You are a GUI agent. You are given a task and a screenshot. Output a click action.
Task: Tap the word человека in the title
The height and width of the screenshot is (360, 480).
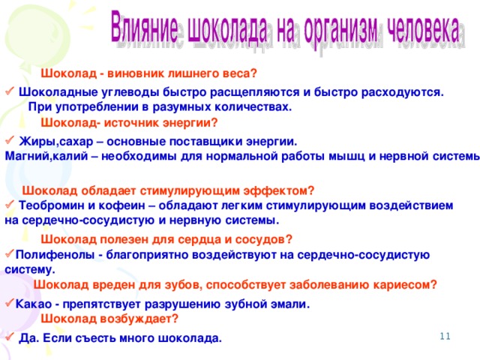428,29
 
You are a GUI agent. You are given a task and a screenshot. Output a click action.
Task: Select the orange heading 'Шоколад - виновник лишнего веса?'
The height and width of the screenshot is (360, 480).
148,73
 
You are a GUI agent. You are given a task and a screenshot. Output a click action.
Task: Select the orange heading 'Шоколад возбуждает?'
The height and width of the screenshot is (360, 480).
109,318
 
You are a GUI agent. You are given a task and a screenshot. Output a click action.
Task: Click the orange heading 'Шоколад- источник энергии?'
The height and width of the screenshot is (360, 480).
129,122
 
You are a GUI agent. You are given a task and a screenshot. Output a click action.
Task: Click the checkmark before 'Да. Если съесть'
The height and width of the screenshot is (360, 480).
9,337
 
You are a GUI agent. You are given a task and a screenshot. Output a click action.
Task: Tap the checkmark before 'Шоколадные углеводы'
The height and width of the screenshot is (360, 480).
9,91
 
